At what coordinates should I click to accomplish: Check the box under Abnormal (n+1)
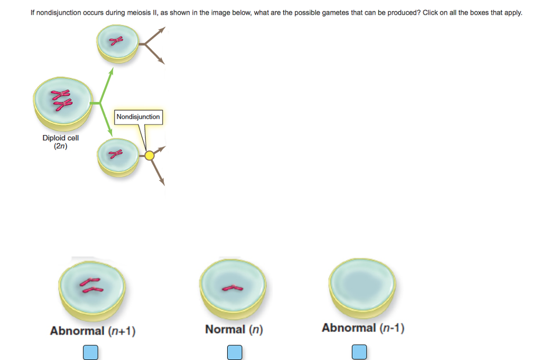click(90, 352)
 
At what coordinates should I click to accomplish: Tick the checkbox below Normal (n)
click(235, 352)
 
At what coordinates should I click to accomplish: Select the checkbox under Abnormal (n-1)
click(359, 352)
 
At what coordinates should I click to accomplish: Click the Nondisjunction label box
click(138, 117)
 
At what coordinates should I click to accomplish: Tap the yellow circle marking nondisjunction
click(150, 155)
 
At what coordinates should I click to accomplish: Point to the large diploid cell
click(60, 103)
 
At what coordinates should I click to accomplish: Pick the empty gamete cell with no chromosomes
click(362, 286)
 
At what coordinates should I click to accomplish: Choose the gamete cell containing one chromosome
click(233, 287)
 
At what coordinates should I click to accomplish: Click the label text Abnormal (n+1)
click(92, 331)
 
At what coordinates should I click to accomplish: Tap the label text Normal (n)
click(234, 330)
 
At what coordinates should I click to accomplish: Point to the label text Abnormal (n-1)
click(363, 328)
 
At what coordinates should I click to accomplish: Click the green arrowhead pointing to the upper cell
click(112, 72)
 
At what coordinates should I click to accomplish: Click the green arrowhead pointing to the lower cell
click(112, 134)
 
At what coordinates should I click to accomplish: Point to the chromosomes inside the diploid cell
click(60, 101)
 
